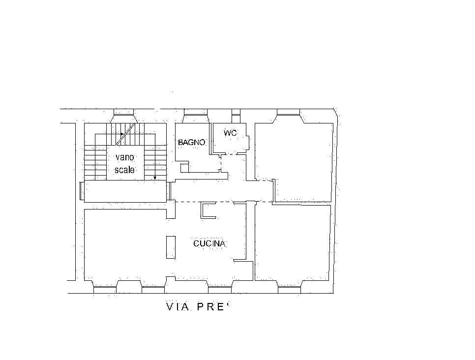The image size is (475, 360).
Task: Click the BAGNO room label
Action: pyautogui.click(x=191, y=142)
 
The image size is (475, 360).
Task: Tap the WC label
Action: pyautogui.click(x=230, y=133)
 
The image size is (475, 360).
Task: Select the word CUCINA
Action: pyautogui.click(x=209, y=243)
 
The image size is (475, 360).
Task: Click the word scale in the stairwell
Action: pyautogui.click(x=124, y=170)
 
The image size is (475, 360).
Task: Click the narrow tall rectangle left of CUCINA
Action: pyautogui.click(x=171, y=247)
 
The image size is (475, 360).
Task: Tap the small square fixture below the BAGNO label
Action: pyautogui.click(x=184, y=168)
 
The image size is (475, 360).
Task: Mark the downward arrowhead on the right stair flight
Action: pyautogui.click(x=155, y=178)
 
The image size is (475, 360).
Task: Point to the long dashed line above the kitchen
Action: pyautogui.click(x=221, y=202)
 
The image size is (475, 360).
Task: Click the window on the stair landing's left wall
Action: pyautogui.click(x=82, y=191)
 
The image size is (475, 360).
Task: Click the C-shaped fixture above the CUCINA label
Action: pyautogui.click(x=207, y=210)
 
